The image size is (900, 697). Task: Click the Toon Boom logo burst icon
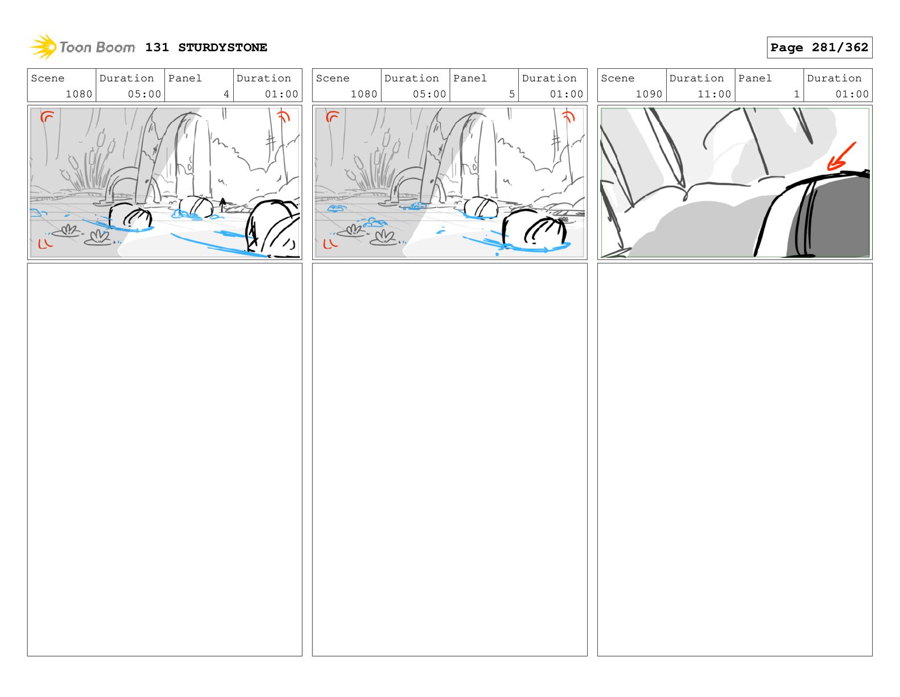pos(43,47)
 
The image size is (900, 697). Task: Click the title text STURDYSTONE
pos(222,48)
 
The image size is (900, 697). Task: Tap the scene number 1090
pos(649,94)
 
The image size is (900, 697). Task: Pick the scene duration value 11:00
pos(714,94)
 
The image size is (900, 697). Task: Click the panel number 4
pos(226,94)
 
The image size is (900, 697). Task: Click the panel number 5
pos(511,94)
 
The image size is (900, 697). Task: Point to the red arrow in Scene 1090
pos(840,156)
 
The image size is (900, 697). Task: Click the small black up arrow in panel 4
pos(222,205)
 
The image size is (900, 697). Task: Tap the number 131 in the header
pos(157,48)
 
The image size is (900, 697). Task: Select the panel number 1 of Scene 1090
pos(796,94)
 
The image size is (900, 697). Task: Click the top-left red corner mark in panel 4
pos(47,117)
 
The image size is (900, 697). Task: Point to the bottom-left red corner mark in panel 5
pos(330,244)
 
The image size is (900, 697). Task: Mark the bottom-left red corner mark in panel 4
pos(45,244)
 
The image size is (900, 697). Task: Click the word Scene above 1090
pos(617,79)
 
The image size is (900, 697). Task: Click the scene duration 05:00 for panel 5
pos(429,94)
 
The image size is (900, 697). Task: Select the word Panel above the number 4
pos(185,79)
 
